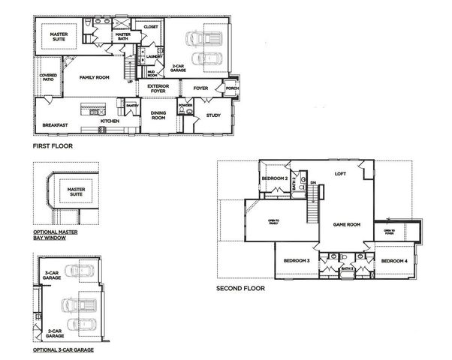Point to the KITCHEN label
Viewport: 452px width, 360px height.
(110, 121)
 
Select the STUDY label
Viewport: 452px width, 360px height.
(213, 115)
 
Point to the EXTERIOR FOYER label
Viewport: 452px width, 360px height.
(158, 88)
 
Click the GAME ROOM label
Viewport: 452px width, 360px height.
(347, 224)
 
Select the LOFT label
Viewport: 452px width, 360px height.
(340, 174)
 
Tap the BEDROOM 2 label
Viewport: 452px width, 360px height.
(276, 178)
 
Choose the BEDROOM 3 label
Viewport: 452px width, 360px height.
(297, 260)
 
